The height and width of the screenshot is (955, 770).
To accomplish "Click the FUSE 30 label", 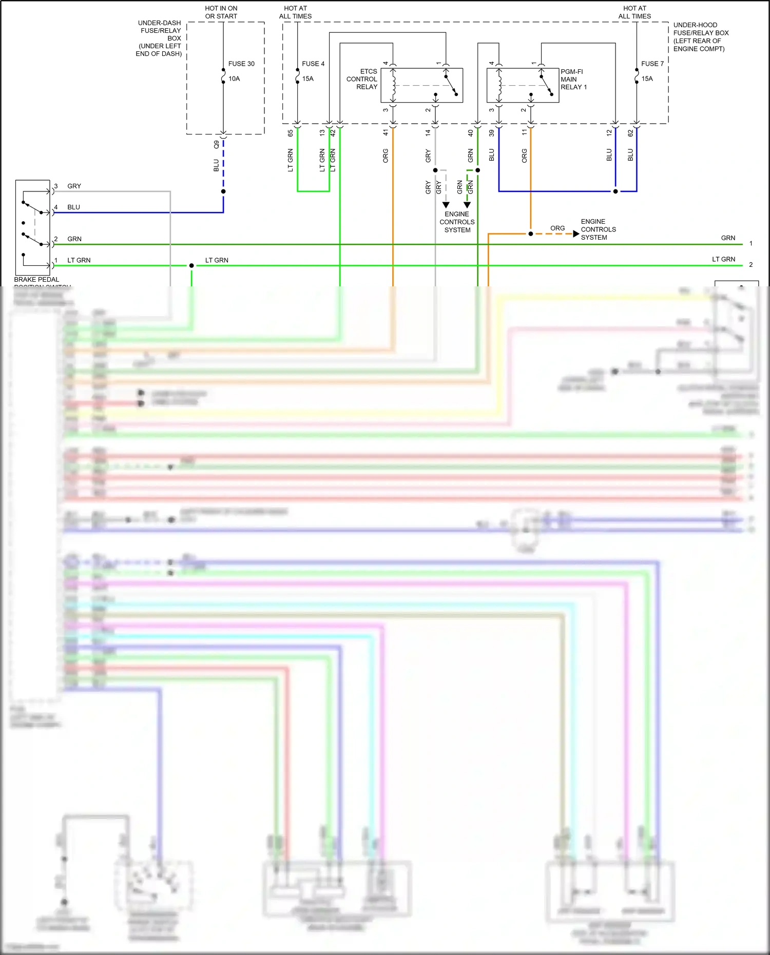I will [241, 64].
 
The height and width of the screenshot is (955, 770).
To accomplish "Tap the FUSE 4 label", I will [313, 64].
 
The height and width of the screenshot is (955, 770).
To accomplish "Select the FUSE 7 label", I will [652, 64].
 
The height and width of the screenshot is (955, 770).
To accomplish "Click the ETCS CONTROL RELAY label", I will [362, 79].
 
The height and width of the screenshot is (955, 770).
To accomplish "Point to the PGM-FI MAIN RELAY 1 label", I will [573, 79].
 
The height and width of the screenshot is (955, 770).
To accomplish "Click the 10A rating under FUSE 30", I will [234, 79].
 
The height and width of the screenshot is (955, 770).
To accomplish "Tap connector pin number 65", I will [291, 133].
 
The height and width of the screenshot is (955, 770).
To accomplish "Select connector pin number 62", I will [630, 133].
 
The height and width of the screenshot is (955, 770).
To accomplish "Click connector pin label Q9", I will [217, 144].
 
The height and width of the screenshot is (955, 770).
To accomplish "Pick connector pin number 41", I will [386, 133].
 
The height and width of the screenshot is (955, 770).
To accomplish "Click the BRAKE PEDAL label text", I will [36, 280].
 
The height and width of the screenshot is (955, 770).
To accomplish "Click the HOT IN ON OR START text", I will [221, 12].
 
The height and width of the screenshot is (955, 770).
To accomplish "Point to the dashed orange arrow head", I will [576, 234].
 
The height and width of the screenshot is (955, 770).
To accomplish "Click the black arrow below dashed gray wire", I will [446, 205].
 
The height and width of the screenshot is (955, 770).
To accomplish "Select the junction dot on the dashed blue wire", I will [223, 191].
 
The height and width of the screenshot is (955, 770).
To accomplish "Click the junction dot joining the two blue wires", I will [615, 191].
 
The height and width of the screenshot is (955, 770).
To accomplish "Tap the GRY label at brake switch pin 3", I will [74, 186].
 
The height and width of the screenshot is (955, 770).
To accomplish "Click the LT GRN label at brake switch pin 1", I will [79, 261].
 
